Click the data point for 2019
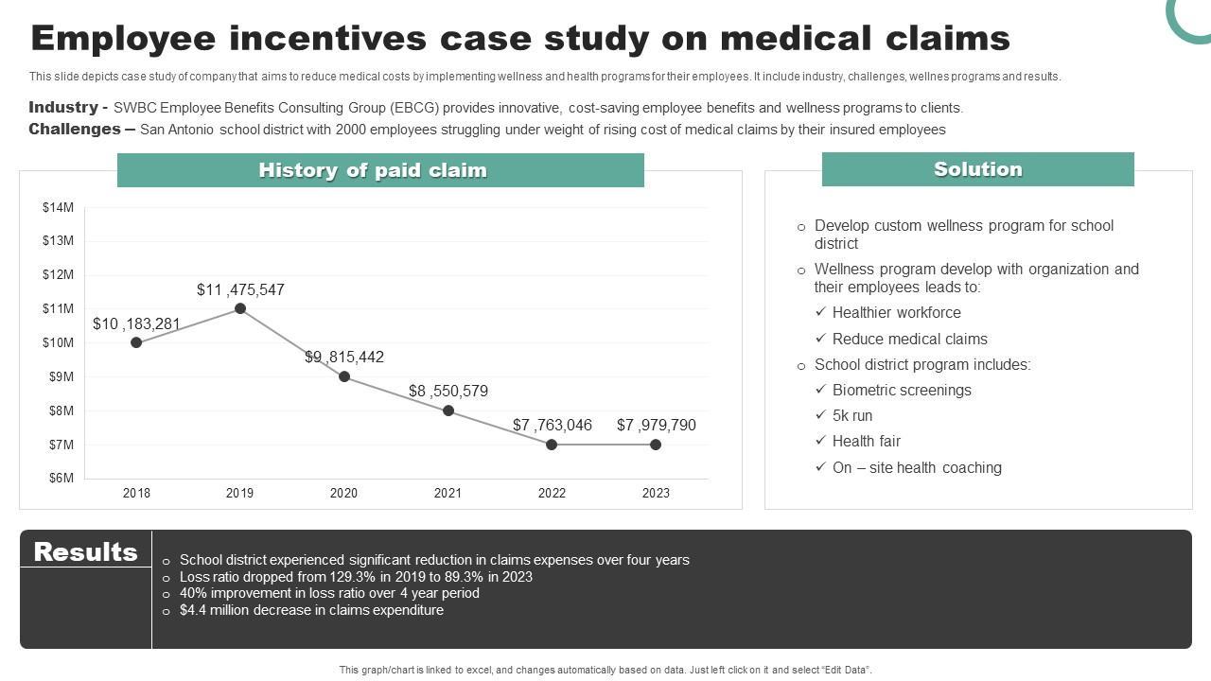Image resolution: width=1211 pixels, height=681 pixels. (240, 308)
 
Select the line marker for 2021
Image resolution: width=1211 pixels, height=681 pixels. (448, 410)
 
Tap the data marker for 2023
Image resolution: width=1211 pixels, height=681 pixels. (656, 445)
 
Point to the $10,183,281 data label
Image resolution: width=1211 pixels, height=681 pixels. (136, 324)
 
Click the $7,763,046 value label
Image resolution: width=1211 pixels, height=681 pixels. (553, 426)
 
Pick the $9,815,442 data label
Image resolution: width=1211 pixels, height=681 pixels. (344, 358)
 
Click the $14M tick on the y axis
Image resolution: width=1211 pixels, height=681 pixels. (58, 207)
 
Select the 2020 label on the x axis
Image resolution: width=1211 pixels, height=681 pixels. (343, 493)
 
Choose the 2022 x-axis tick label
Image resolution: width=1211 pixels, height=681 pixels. (552, 493)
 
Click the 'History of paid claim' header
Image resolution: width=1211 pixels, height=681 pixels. (373, 170)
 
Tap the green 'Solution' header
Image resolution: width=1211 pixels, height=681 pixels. (977, 169)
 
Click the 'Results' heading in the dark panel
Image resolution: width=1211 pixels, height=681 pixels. (85, 551)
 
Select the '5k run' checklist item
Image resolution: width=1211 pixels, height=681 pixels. (852, 416)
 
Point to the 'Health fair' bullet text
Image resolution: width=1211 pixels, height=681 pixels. (866, 442)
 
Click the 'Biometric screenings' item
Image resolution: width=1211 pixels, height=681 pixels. (902, 391)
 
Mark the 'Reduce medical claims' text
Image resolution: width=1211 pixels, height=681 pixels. (909, 340)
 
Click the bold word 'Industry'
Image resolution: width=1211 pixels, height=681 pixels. (63, 108)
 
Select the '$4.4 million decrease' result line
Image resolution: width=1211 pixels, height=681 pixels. (311, 611)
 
